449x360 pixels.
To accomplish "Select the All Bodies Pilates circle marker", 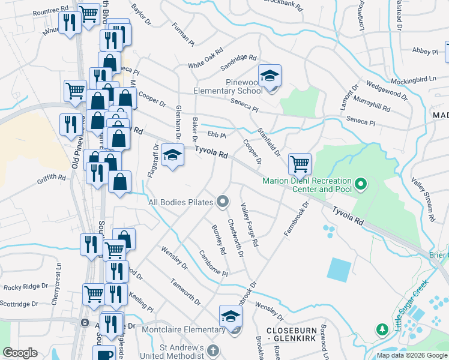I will pos(223,202).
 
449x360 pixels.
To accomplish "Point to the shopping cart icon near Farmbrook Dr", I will pos(299,163).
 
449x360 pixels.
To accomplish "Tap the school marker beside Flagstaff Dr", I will pos(172,155).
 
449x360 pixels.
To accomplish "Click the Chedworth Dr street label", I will pos(235,237).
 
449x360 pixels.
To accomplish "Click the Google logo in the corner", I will pos(20,353).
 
